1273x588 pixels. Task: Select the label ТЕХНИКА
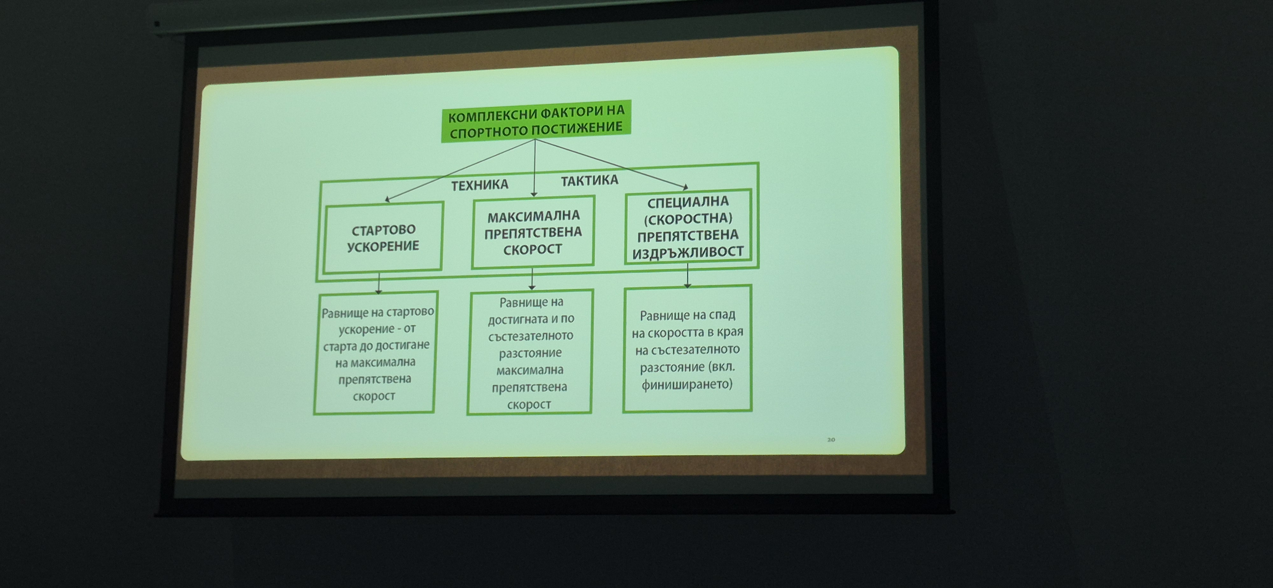click(x=479, y=185)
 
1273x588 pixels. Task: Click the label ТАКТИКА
click(x=589, y=180)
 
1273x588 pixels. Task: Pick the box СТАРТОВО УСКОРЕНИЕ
click(x=383, y=237)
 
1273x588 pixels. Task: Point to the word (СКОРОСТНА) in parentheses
click(x=688, y=218)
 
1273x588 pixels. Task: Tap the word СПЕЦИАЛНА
click(x=688, y=202)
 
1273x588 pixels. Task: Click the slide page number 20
click(x=831, y=439)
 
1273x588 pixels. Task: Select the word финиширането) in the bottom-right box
click(x=687, y=384)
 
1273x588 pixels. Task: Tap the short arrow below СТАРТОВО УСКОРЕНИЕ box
click(x=379, y=283)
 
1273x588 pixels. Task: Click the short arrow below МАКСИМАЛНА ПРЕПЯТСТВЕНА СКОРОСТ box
click(x=532, y=279)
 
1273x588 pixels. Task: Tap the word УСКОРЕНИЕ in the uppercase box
click(x=383, y=246)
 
